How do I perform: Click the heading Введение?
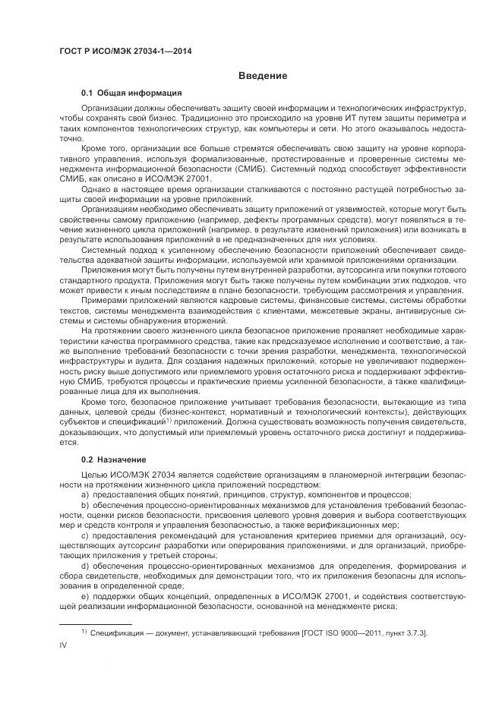[262, 75]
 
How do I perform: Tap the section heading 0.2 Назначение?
[114, 459]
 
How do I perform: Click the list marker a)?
[85, 494]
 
